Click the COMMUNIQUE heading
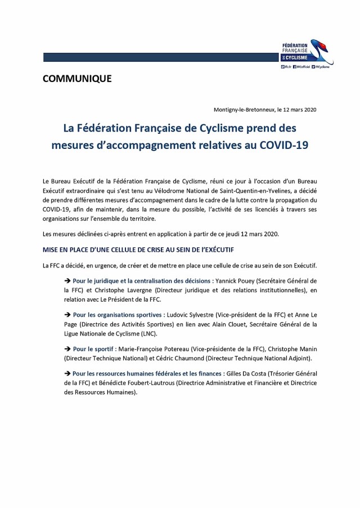point(77,79)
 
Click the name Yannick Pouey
point(233,280)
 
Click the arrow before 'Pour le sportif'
point(68,349)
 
